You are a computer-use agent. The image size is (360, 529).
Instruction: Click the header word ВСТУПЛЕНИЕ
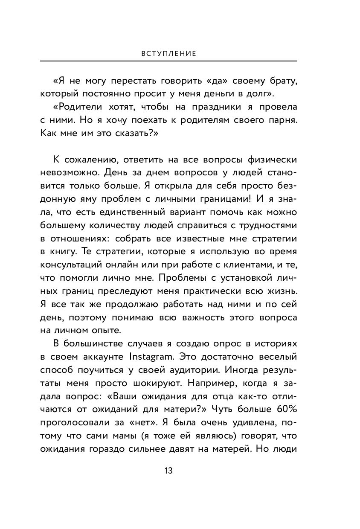pyautogui.click(x=168, y=54)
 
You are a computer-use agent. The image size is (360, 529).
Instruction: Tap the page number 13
pyautogui.click(x=168, y=471)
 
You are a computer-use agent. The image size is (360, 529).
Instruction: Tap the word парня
pyautogui.click(x=280, y=120)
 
